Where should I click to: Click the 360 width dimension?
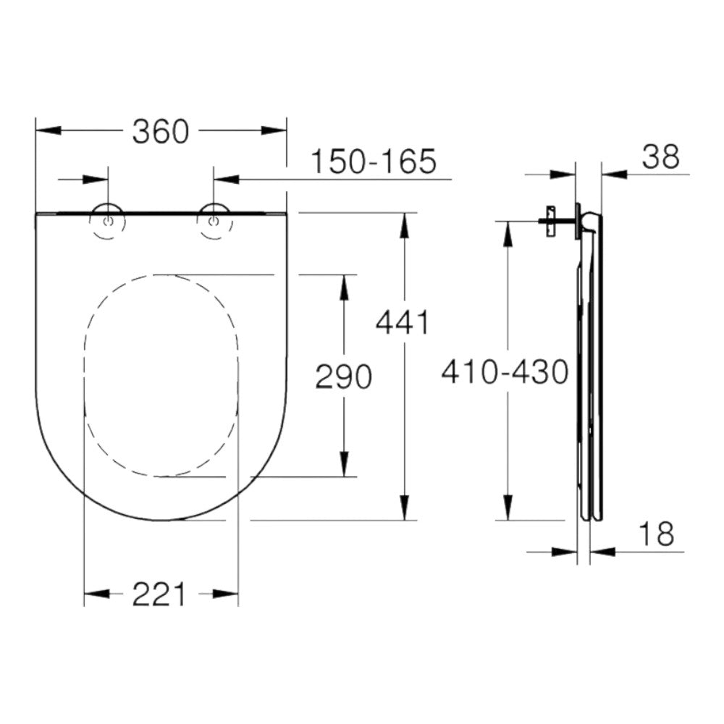(161, 131)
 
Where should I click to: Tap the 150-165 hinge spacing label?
(374, 161)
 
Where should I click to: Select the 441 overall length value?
(403, 322)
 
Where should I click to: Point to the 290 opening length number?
(343, 376)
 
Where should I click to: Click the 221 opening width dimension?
(159, 594)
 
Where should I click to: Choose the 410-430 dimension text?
(505, 372)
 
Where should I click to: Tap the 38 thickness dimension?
(660, 157)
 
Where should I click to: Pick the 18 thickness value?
(656, 535)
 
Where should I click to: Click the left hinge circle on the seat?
(108, 222)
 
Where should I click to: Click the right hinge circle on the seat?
(214, 222)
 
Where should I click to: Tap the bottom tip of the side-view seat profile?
(589, 518)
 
